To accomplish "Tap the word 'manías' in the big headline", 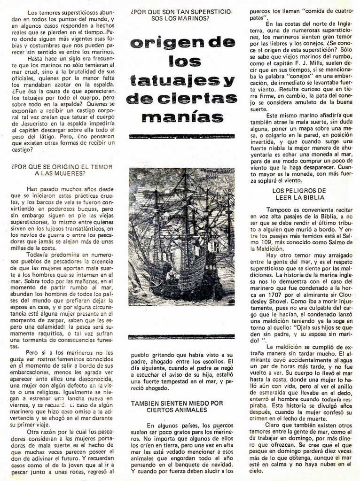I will (x=181, y=116).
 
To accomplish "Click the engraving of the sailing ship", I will (x=181, y=237).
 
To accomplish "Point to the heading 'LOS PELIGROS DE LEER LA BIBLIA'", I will (x=298, y=194).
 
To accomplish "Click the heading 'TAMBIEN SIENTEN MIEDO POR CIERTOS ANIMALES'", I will (x=177, y=406).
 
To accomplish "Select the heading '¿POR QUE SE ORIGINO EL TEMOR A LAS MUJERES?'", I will (x=61, y=170).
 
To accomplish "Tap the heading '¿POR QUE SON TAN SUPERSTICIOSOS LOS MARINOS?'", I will (x=181, y=15).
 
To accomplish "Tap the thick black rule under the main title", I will (x=181, y=136).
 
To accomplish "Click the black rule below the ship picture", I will (x=181, y=336).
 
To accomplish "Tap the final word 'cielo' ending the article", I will (x=257, y=470).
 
